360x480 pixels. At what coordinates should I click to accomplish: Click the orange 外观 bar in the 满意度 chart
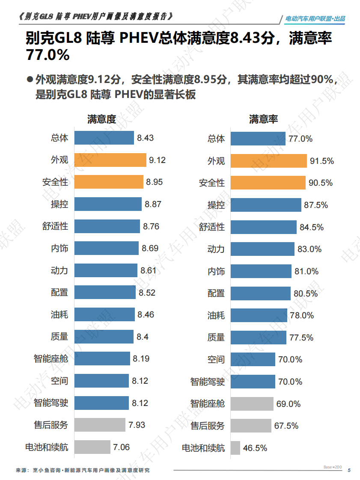coord(110,160)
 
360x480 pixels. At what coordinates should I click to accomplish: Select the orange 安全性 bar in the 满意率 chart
coord(268,182)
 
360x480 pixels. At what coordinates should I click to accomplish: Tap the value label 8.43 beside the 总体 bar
coord(145,138)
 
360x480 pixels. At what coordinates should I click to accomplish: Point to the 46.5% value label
coord(255,448)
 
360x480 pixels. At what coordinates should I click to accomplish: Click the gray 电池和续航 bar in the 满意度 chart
coord(92,447)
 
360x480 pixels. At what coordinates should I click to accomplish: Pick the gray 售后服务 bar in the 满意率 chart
coord(251,426)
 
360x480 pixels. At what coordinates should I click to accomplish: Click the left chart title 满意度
coord(101,119)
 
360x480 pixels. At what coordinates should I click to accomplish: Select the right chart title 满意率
coord(263,119)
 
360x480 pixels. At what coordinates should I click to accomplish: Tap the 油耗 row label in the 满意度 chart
coord(60,314)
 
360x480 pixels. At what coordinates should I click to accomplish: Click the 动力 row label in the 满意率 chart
coord(216,249)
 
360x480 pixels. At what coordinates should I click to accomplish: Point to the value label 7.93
coord(137,425)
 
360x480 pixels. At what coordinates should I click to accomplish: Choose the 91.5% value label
coord(322,161)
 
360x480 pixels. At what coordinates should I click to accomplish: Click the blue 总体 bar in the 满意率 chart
coord(258,138)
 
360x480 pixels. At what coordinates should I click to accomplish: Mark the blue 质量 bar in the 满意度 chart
coord(104,337)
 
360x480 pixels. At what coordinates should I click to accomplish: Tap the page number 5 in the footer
coord(349,470)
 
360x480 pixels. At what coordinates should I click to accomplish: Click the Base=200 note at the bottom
coord(333,467)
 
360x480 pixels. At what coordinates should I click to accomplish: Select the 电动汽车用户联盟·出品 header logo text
coord(315,19)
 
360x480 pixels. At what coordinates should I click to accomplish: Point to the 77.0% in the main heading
coord(48,55)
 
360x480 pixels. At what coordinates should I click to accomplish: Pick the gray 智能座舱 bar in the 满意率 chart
coord(252,403)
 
